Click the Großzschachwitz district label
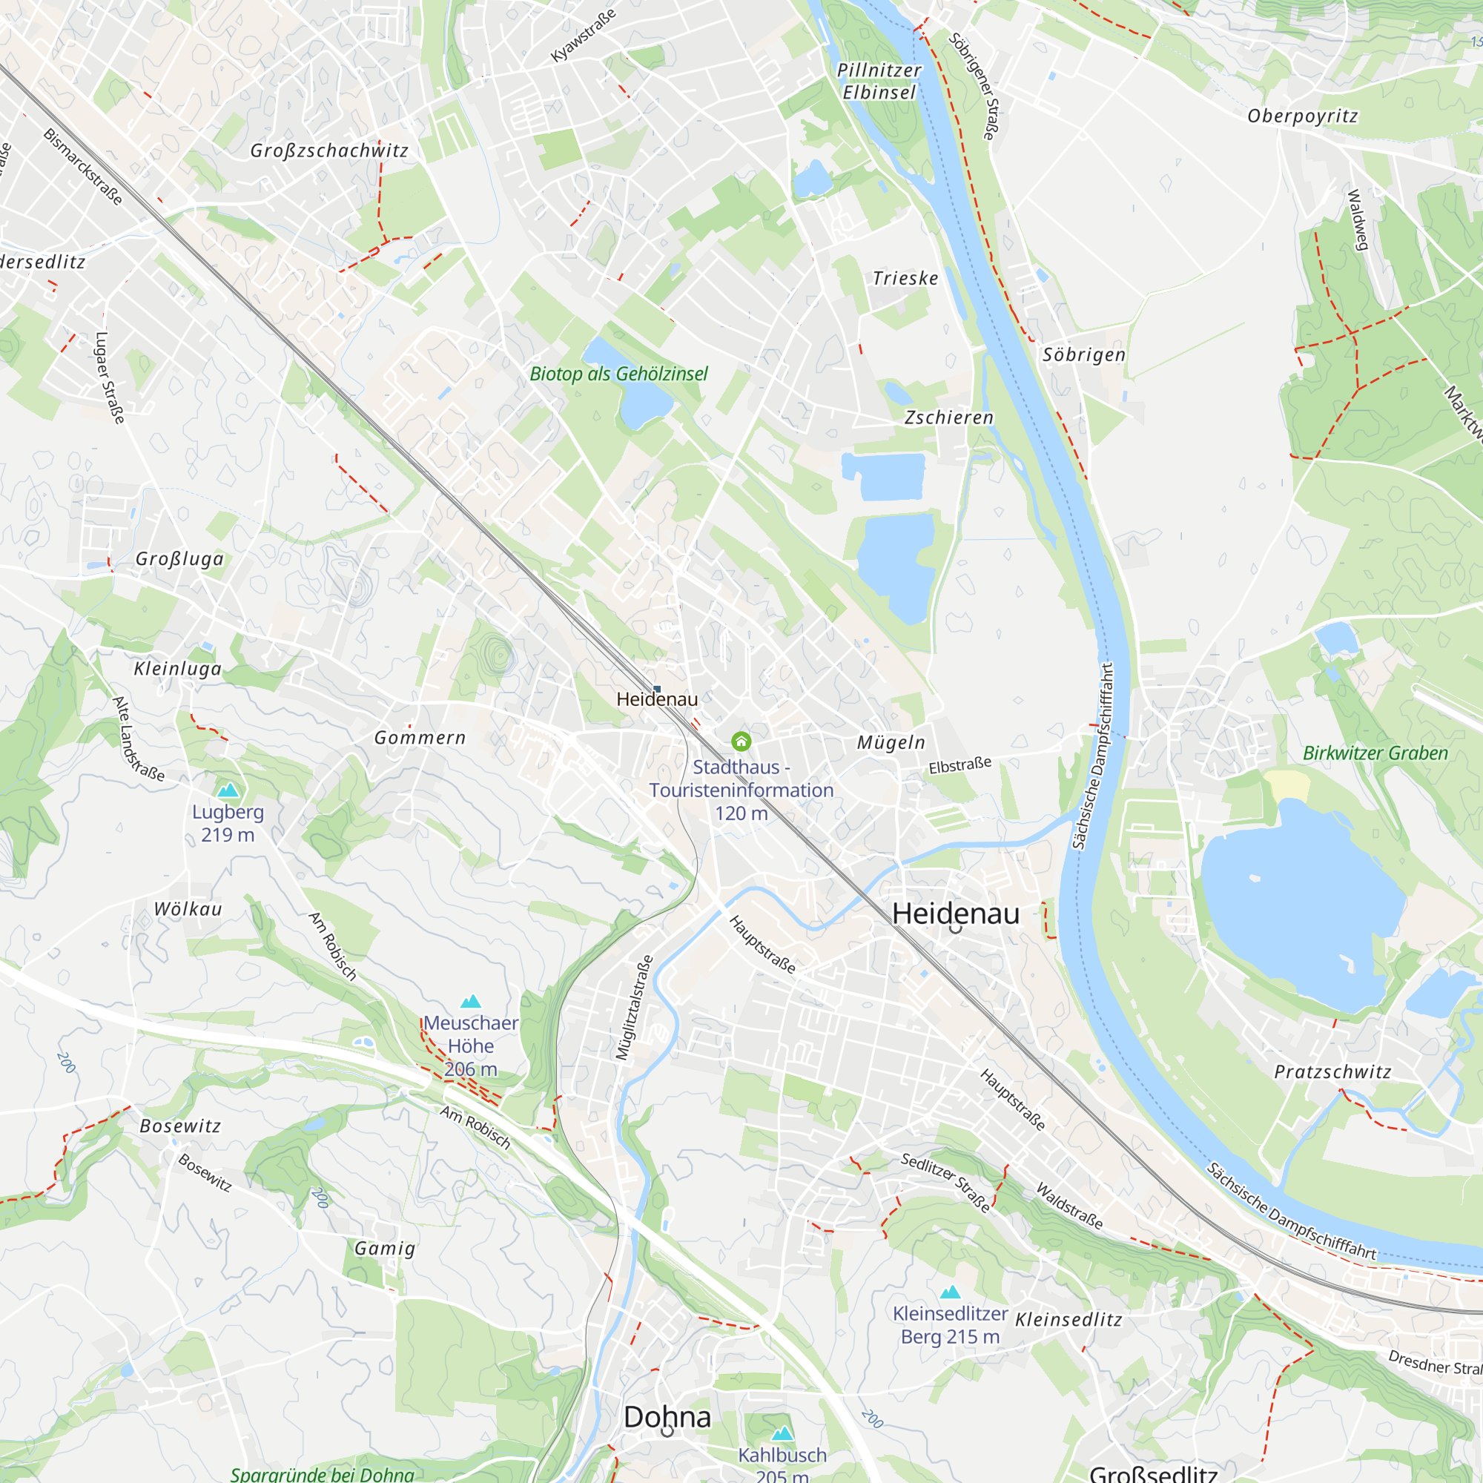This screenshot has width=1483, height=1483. (x=329, y=151)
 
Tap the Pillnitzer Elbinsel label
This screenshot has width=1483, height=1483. (x=879, y=82)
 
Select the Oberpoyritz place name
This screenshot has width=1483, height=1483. (x=1303, y=116)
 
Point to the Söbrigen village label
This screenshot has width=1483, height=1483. (x=1084, y=354)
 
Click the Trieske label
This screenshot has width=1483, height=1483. (x=906, y=278)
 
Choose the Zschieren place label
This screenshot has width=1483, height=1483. (x=949, y=417)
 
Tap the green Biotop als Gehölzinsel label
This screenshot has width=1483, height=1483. (x=618, y=374)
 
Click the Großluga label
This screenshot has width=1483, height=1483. (x=179, y=559)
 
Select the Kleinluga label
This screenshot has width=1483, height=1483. (x=178, y=669)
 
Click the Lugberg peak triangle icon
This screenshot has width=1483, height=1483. (x=228, y=790)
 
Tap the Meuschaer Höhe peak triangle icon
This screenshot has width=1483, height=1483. (x=471, y=1001)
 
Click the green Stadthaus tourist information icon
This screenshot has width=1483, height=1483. (x=741, y=741)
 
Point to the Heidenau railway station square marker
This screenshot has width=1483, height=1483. (x=657, y=689)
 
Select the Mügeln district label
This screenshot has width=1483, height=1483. (x=891, y=742)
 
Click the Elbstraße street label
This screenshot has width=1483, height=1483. (x=960, y=765)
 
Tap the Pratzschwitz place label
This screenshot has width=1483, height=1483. (x=1332, y=1071)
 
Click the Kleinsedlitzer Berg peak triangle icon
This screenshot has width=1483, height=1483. (x=951, y=1292)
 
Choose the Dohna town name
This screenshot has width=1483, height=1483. (x=667, y=1417)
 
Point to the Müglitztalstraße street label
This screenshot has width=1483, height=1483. (x=634, y=1008)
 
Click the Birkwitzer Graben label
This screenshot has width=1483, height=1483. (x=1375, y=753)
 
